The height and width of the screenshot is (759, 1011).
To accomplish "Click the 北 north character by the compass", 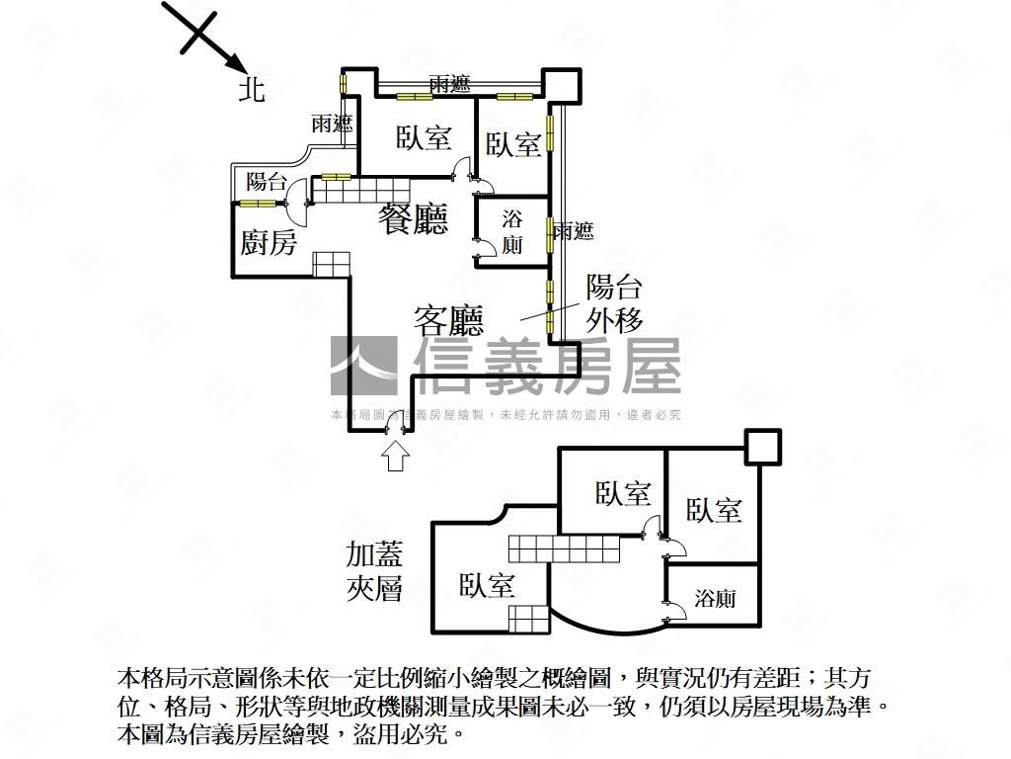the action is click(x=252, y=89).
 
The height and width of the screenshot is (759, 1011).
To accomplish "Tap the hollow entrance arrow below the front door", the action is click(x=395, y=456).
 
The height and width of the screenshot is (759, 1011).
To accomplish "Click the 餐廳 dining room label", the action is click(x=413, y=218).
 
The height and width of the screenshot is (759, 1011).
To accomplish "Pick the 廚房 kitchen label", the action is click(x=269, y=243).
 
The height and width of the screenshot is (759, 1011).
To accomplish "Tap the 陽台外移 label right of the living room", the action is click(x=614, y=303).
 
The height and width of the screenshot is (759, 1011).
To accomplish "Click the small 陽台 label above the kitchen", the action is click(x=267, y=182).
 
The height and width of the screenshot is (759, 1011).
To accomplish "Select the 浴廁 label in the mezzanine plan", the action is click(x=715, y=598).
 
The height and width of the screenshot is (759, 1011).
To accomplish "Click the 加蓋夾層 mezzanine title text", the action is click(x=374, y=571).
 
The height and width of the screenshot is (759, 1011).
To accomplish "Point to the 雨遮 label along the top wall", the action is click(x=449, y=84).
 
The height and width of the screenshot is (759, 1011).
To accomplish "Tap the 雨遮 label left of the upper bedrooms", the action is click(x=332, y=124).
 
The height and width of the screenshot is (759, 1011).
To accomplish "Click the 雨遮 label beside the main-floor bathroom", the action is click(x=574, y=231).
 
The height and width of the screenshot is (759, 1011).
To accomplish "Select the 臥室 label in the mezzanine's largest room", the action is click(x=487, y=585).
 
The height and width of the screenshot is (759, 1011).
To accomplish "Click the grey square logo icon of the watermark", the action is click(x=364, y=366).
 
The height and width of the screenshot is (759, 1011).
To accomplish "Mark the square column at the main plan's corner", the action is click(x=562, y=85).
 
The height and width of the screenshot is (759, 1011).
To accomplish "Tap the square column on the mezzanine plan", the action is click(x=763, y=447).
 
